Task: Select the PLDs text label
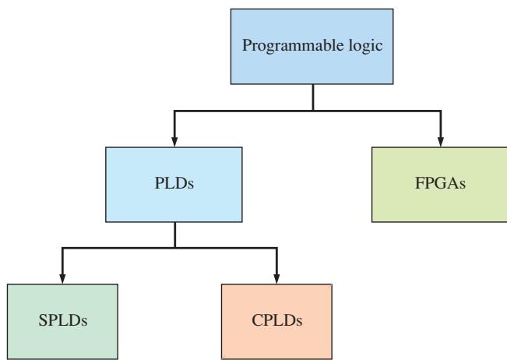(174, 183)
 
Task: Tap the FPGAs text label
(440, 183)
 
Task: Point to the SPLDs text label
(63, 320)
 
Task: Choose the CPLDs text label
(276, 320)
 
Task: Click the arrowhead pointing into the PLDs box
(174, 142)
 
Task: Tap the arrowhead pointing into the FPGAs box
(440, 142)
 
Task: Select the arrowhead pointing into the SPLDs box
(62, 279)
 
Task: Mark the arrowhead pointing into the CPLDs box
(276, 279)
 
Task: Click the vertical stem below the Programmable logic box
(313, 97)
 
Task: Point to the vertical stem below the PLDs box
(175, 235)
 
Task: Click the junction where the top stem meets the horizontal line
(313, 111)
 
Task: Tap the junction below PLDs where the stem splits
(175, 248)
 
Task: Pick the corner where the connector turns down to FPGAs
(440, 111)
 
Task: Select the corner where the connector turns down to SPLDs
(62, 248)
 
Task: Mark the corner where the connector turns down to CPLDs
(276, 248)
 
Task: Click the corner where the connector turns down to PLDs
(174, 111)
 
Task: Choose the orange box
(276, 322)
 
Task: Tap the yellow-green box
(439, 185)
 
